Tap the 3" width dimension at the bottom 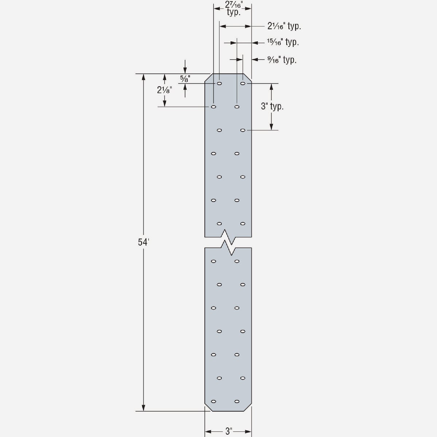coord(228,432)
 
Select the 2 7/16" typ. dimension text coord(233,8)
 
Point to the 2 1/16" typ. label coord(284,26)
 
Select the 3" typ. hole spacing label coord(272,107)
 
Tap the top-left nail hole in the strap coord(219,83)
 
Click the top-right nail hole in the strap coord(243,83)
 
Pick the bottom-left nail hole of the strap coord(213,401)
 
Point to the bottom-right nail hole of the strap coord(237,401)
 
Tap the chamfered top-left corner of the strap coord(209,78)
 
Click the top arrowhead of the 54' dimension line coord(143,78)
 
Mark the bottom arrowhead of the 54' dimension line coord(143,408)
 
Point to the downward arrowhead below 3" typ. coord(271,126)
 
